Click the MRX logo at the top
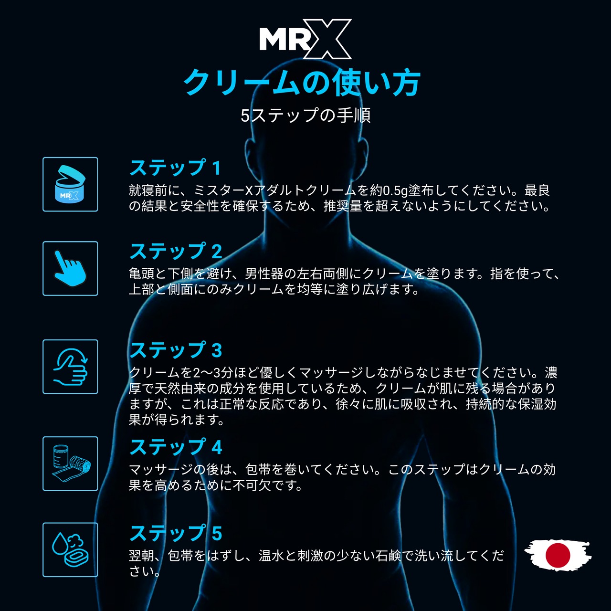305,39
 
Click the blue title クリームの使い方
302,83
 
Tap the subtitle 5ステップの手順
305,115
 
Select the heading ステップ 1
175,168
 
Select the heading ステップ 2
176,251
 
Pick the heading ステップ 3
176,350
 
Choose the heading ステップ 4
176,447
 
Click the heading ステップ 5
176,533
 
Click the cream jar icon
70,184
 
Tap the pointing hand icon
70,268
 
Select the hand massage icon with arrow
70,367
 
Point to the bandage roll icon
70,464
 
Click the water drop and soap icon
70,550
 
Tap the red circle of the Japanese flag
558,555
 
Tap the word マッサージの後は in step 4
180,470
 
